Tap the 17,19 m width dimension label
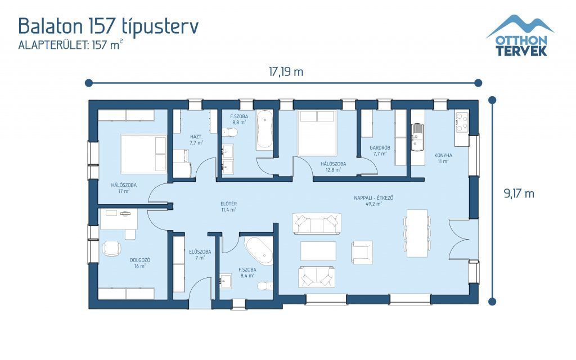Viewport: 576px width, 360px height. [x=286, y=71]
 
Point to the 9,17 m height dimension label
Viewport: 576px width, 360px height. [x=519, y=193]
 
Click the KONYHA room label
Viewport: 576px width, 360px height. [x=443, y=155]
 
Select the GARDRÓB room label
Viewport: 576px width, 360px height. [x=380, y=148]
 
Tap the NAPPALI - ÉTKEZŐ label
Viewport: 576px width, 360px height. [x=373, y=198]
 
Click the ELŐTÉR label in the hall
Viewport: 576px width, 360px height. [x=228, y=204]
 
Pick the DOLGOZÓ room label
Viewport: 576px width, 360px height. [x=140, y=260]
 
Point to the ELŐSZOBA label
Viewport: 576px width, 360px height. [x=200, y=252]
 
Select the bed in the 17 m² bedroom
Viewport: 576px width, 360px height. [x=143, y=154]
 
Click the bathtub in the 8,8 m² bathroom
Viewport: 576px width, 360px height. [x=264, y=130]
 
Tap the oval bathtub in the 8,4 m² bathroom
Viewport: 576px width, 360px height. [x=260, y=251]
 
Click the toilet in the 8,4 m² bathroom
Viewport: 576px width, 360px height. [x=265, y=285]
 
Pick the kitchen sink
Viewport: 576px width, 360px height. [x=417, y=137]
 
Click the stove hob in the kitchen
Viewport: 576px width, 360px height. [x=462, y=122]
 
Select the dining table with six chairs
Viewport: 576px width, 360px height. [x=417, y=233]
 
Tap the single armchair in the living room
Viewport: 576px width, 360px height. [x=362, y=253]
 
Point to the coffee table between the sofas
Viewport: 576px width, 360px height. [x=318, y=251]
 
